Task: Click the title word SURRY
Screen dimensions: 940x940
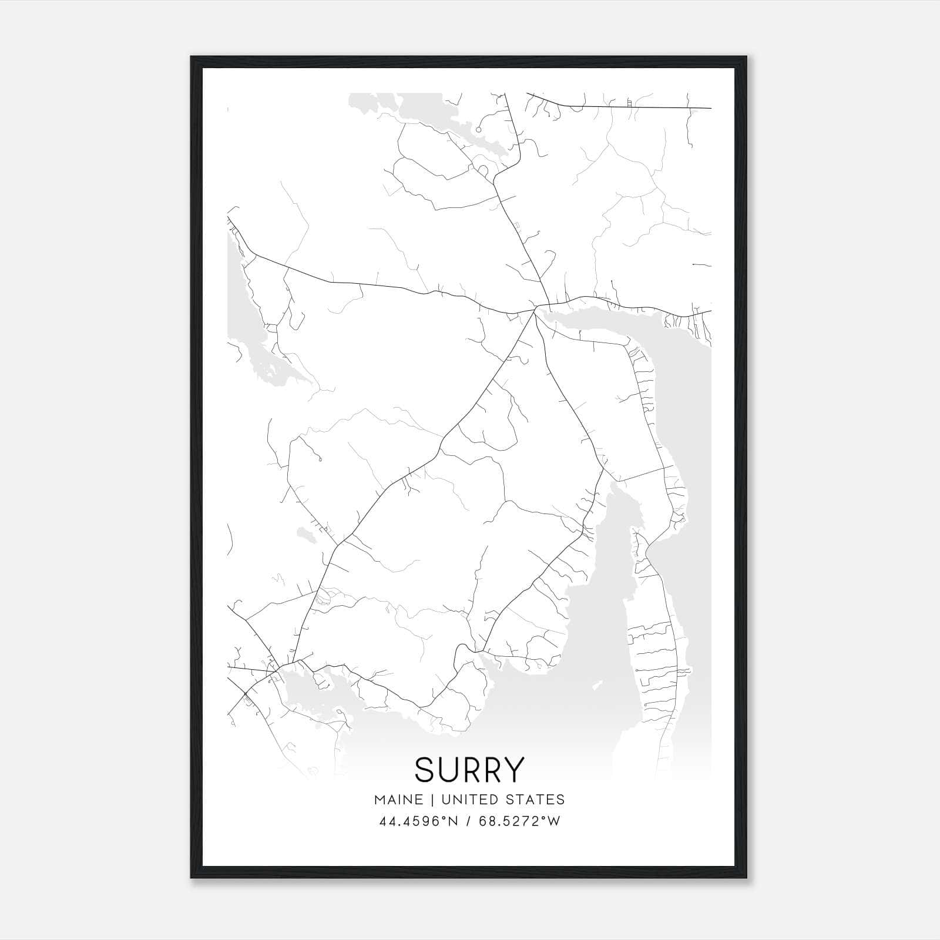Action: [469, 770]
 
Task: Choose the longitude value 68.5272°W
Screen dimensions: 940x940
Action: [520, 821]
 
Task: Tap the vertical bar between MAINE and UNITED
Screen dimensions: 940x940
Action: [432, 800]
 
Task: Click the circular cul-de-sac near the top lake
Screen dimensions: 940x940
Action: [478, 130]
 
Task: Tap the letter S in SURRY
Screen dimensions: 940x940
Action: [425, 770]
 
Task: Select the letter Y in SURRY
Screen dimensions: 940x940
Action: [513, 770]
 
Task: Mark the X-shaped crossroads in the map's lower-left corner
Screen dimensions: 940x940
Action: [245, 693]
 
